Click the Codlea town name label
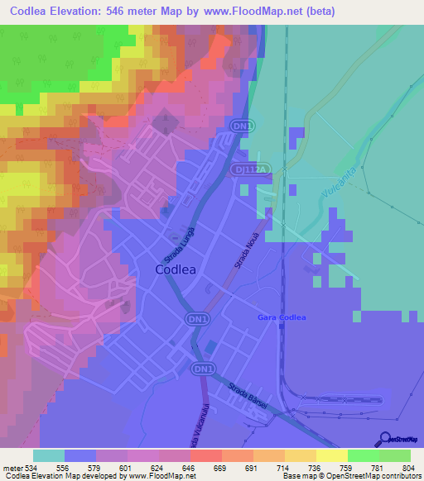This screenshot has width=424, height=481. tap(181, 269)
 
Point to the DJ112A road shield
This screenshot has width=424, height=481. tap(253, 169)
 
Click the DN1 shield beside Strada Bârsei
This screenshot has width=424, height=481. tap(202, 369)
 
